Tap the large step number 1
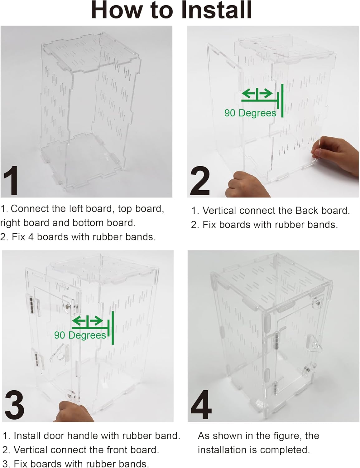coord(12,181)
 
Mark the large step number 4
coord(201,406)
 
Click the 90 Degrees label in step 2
coord(250,113)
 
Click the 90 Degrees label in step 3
coord(80,335)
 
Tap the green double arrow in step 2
coord(257,93)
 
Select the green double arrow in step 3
coord(87,320)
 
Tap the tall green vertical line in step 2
coord(282,100)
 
